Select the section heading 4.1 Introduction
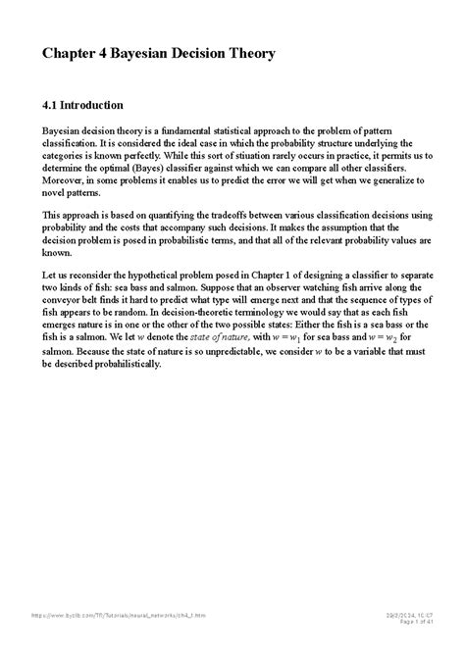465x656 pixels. tap(82, 104)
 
